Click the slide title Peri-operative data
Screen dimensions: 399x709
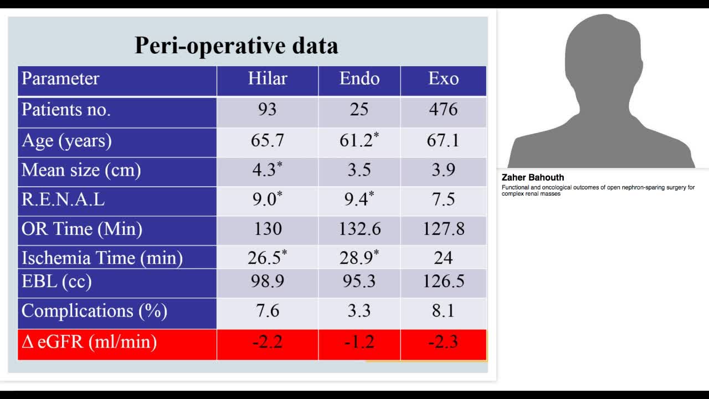[x=237, y=45]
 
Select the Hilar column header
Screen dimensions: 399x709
[x=268, y=79]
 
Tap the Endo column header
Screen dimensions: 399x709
[x=359, y=79]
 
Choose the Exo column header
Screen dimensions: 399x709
[x=443, y=79]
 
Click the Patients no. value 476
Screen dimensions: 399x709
[x=443, y=109]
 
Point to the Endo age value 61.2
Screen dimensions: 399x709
[x=357, y=140]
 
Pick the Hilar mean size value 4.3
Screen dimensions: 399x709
[x=265, y=170]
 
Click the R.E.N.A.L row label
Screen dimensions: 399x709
[x=63, y=199]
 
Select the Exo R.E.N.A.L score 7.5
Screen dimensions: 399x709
[x=443, y=199]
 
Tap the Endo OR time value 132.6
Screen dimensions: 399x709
[x=359, y=228]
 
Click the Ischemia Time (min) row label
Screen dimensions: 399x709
[x=102, y=258]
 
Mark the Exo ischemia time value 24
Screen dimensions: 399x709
[x=443, y=258]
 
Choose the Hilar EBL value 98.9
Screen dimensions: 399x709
[x=268, y=282]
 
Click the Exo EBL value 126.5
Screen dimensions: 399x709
[x=443, y=282]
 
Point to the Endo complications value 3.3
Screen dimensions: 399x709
[x=359, y=311]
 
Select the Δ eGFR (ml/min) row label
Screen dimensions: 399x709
[x=89, y=342]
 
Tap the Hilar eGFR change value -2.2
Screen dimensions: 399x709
[x=268, y=342]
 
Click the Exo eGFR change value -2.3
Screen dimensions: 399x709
[x=443, y=342]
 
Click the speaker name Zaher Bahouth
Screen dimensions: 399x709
[x=533, y=178]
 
